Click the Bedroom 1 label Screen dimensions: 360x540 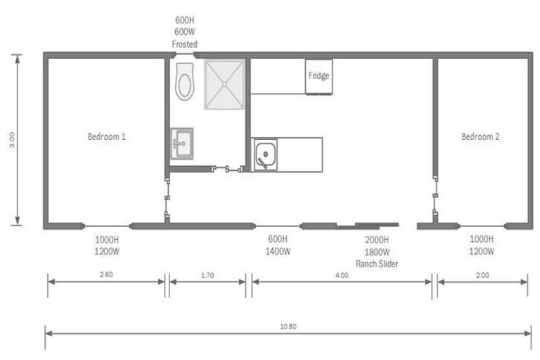pyautogui.click(x=106, y=136)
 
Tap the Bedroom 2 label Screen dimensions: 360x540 pyautogui.click(x=480, y=136)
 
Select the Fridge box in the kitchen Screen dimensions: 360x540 pyautogui.click(x=319, y=76)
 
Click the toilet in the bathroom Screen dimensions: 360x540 pyautogui.click(x=185, y=82)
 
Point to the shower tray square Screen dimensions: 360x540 pyautogui.click(x=224, y=84)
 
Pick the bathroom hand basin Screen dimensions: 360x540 pyautogui.click(x=181, y=143)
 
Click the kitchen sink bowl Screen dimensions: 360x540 pyautogui.click(x=266, y=154)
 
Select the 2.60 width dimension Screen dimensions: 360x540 pyautogui.click(x=106, y=275)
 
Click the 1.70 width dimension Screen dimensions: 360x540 pyautogui.click(x=207, y=275)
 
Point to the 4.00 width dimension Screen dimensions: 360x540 pyautogui.click(x=342, y=275)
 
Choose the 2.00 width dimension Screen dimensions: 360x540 pyautogui.click(x=482, y=275)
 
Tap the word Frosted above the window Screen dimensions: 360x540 pyautogui.click(x=184, y=44)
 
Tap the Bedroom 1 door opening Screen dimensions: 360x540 pyautogui.click(x=167, y=198)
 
